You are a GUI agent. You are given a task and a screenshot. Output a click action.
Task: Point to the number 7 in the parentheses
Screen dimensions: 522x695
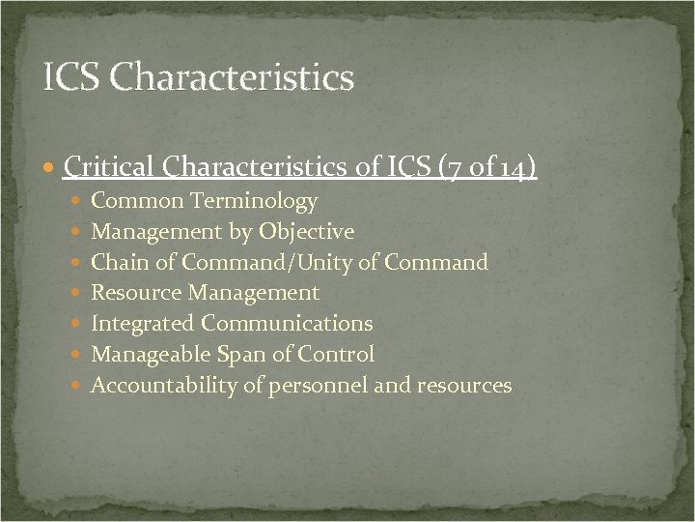[x=450, y=168]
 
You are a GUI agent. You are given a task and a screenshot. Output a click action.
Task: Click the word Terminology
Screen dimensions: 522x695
[x=254, y=201]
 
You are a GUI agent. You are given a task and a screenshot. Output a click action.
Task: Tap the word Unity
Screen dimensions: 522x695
[x=333, y=262]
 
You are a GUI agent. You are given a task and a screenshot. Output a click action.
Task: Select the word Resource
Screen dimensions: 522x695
[x=136, y=293]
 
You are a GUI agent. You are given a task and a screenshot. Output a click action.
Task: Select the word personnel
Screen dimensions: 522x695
[x=323, y=386]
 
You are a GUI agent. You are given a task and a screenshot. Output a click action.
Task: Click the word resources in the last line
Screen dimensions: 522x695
[x=464, y=386]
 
